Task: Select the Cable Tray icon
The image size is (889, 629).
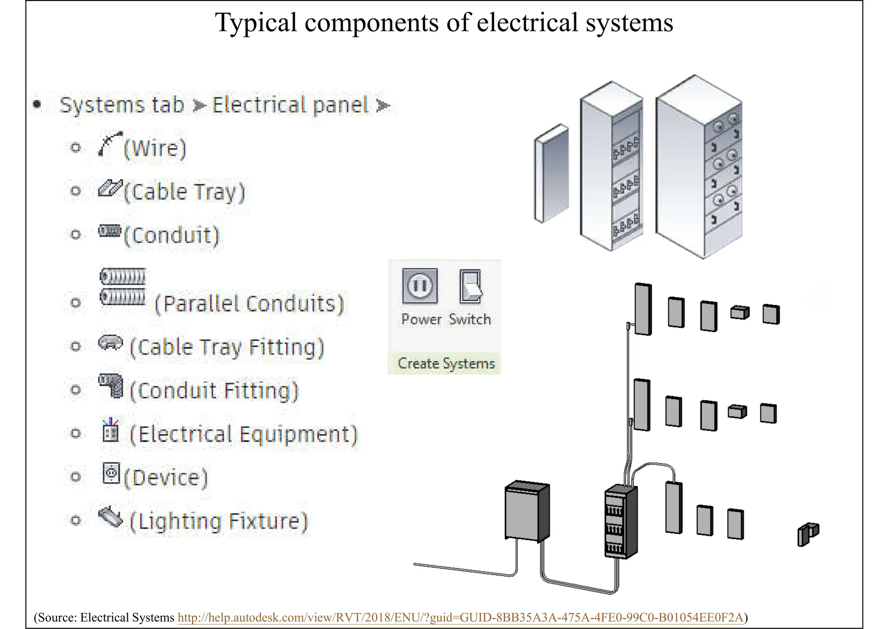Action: pyautogui.click(x=110, y=188)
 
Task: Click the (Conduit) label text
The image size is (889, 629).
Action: pyautogui.click(x=172, y=235)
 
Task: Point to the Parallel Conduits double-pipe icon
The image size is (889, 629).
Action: pyautogui.click(x=123, y=287)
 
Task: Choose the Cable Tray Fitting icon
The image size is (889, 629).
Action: pyautogui.click(x=111, y=343)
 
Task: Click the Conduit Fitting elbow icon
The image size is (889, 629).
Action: pyautogui.click(x=111, y=385)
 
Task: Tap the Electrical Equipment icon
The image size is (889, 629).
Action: pyautogui.click(x=110, y=430)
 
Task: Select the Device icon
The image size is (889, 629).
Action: pyautogui.click(x=111, y=473)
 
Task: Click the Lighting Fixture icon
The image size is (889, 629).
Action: pyautogui.click(x=110, y=516)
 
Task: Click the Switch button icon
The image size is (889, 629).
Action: pyautogui.click(x=471, y=286)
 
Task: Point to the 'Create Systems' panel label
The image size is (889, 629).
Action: pyautogui.click(x=446, y=364)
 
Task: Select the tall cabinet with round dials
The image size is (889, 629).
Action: pyautogui.click(x=699, y=167)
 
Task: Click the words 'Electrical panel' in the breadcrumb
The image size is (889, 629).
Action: pyautogui.click(x=290, y=105)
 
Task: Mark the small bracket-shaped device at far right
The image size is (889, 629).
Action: pyautogui.click(x=807, y=533)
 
